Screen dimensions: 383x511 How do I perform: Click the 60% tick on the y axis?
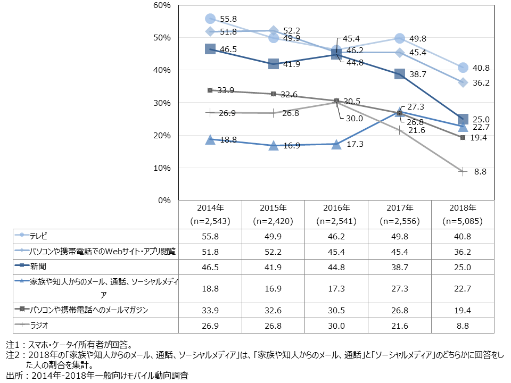click(160, 5)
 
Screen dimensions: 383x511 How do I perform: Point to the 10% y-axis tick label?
click(160, 168)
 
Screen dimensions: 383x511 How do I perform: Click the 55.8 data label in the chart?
click(228, 19)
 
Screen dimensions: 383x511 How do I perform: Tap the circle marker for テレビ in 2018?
click(463, 68)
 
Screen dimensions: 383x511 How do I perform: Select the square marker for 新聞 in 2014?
click(210, 49)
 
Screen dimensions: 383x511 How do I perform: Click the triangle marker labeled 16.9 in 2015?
click(273, 145)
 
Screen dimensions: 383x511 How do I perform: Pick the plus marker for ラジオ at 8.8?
click(463, 171)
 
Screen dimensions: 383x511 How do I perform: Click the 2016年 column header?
click(336, 207)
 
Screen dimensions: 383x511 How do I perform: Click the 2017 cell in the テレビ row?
click(399, 235)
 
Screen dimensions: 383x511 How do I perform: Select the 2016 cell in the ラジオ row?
click(336, 325)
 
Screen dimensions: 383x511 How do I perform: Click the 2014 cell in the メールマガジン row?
click(210, 310)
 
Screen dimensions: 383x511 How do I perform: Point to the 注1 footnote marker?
click(12, 345)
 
